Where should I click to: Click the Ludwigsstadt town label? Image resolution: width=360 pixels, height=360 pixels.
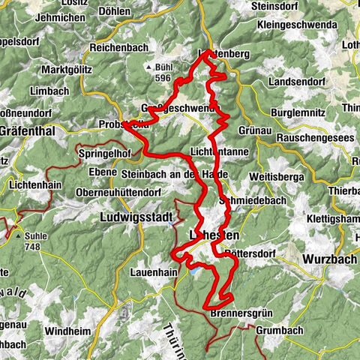coord(136,217)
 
